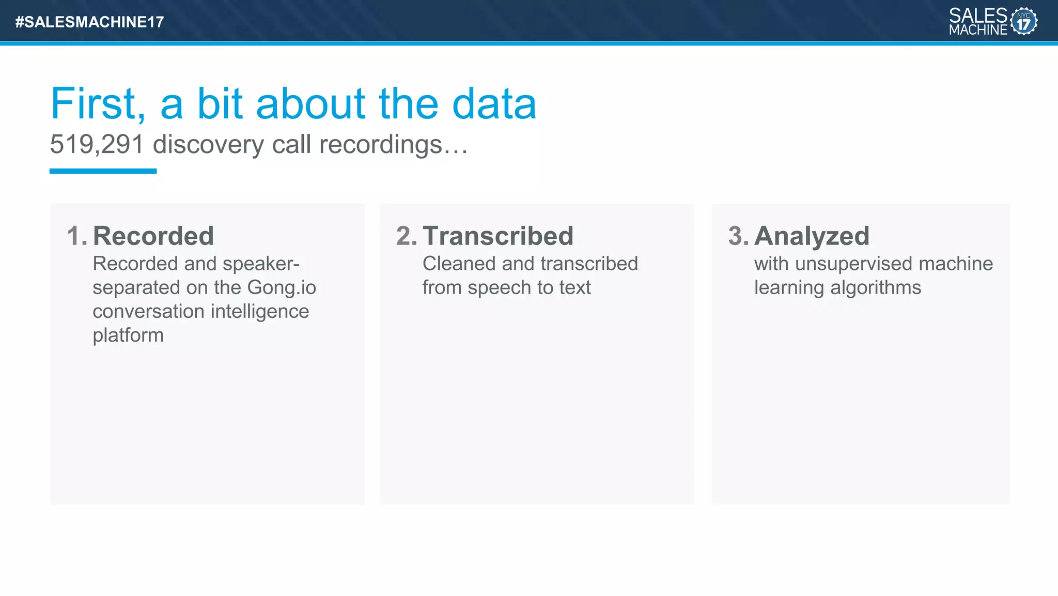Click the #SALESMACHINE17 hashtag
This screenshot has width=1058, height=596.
pos(89,22)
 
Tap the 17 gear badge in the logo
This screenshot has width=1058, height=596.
pos(1023,22)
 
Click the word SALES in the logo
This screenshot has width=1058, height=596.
pos(978,16)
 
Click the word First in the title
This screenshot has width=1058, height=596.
pos(98,104)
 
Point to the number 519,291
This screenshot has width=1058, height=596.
pos(97,144)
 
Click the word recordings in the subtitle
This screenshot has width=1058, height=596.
pos(381,145)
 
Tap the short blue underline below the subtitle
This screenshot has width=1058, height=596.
pos(103,171)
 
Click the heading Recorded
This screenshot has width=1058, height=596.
pos(153,236)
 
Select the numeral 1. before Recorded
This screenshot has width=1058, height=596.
pos(77,236)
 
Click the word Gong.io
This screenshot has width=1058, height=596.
pos(282,287)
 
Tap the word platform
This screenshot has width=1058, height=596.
pos(128,335)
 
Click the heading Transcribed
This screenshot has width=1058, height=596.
pos(498,236)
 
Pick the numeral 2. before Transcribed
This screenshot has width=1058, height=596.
pos(406,236)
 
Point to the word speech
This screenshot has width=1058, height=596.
pos(499,288)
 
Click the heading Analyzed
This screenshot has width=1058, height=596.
pos(812,236)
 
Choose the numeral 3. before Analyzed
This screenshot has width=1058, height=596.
pos(738,236)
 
